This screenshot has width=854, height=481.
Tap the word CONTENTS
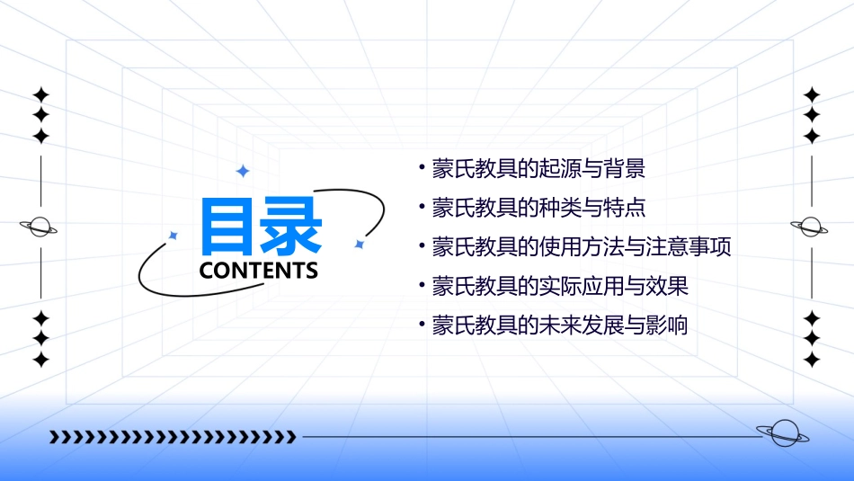(259, 271)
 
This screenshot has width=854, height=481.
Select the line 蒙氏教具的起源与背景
(538, 168)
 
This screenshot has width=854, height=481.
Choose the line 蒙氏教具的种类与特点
(538, 208)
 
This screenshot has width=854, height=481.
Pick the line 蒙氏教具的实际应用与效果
(559, 286)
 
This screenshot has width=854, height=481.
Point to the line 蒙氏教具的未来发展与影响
(559, 325)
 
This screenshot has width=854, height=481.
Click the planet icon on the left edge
(40, 227)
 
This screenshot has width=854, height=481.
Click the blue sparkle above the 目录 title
(242, 171)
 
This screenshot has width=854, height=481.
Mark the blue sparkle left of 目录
(173, 236)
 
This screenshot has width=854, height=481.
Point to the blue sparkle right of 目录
(359, 244)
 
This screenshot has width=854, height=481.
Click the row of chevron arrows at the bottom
(173, 437)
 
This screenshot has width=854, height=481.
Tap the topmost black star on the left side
(40, 95)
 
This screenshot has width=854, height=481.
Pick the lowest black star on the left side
(40, 359)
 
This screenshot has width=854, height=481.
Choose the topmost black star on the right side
(812, 94)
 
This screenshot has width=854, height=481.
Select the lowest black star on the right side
(812, 359)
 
